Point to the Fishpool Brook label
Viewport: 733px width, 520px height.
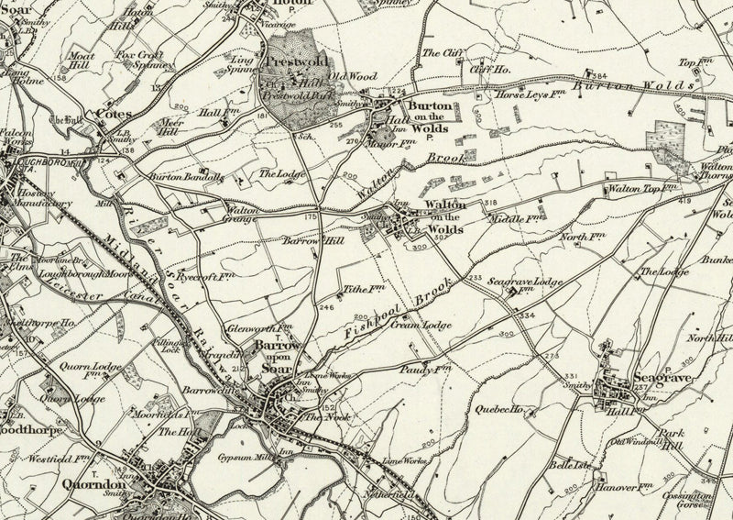(399, 305)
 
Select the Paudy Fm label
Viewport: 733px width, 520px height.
(427, 368)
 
